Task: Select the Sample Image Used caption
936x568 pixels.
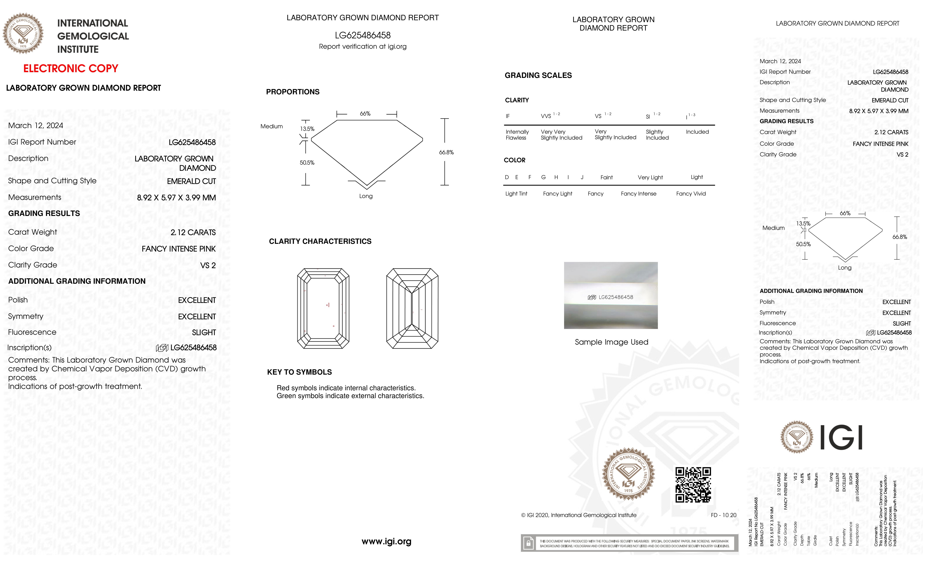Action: coord(611,342)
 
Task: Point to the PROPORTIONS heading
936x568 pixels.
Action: coord(292,92)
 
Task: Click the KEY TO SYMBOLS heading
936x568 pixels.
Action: coord(299,372)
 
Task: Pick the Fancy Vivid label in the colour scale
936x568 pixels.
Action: coord(691,194)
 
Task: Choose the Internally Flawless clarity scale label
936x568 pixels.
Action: coord(517,135)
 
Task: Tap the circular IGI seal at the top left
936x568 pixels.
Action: coord(23,33)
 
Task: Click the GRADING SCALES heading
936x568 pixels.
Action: coord(538,76)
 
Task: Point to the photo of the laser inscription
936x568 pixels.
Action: coord(611,295)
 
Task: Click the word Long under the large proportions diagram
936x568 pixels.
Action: coord(366,196)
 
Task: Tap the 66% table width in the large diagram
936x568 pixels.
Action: coord(365,114)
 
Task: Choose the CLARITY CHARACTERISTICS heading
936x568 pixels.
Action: coord(320,242)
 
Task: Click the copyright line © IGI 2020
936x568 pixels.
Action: coord(578,515)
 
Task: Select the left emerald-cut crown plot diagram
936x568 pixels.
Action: coord(323,308)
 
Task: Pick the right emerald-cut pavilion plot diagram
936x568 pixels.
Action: coord(412,308)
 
